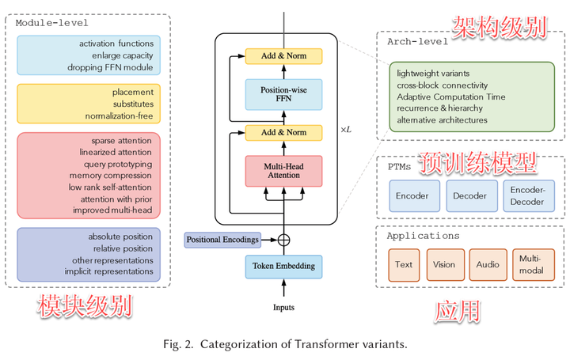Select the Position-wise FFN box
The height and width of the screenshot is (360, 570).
click(x=284, y=94)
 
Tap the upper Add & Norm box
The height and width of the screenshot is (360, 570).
click(x=284, y=56)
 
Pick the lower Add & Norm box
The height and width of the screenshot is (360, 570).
click(x=284, y=133)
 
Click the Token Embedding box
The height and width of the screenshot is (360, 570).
click(x=284, y=266)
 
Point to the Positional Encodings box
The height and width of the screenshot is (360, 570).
click(x=222, y=239)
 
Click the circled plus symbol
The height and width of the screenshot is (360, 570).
click(x=284, y=238)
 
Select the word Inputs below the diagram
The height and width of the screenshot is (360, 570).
click(x=284, y=307)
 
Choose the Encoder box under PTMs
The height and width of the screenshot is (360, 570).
click(x=412, y=195)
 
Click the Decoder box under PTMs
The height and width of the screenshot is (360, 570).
click(x=470, y=195)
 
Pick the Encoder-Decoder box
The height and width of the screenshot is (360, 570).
click(x=527, y=196)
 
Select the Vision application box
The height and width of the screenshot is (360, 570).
click(x=444, y=264)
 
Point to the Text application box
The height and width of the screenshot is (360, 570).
click(x=404, y=264)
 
